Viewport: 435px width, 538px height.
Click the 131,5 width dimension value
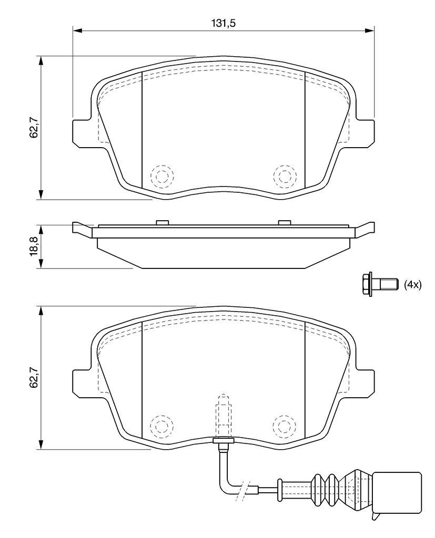pos(223,23)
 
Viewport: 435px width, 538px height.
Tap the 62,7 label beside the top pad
pos(34,128)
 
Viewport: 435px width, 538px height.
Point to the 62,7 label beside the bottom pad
pos(34,378)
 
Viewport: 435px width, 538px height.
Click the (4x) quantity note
pos(412,284)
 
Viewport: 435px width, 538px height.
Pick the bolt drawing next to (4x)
pos(380,284)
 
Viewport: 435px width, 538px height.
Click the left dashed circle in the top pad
pos(162,177)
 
